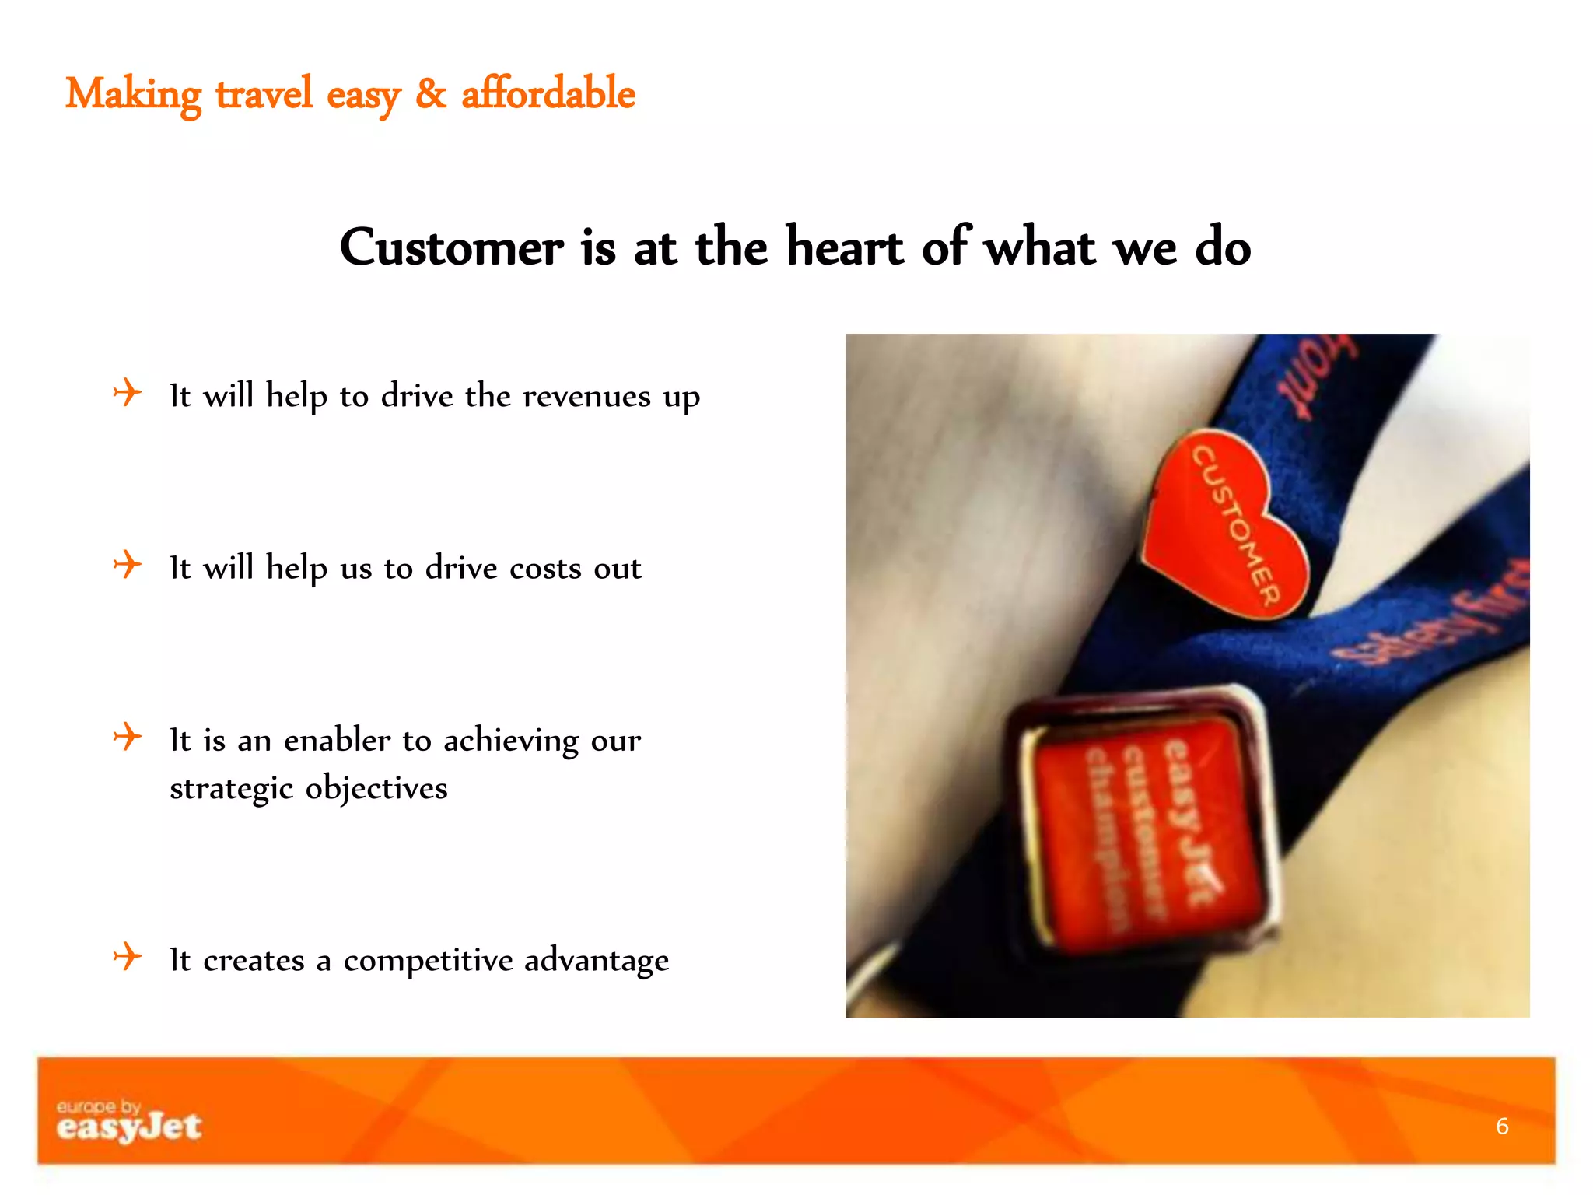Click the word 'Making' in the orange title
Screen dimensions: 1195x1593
pos(133,95)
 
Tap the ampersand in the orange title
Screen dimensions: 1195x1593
pos(431,94)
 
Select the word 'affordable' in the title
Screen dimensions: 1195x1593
pos(548,94)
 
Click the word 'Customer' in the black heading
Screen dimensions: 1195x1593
pos(451,247)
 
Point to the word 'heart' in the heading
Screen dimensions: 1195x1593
pos(845,247)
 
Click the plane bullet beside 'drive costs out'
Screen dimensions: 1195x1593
pos(128,564)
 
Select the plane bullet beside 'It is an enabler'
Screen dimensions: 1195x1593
pos(128,736)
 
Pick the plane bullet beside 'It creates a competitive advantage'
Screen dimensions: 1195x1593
pos(128,956)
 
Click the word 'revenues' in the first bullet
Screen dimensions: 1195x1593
pos(586,397)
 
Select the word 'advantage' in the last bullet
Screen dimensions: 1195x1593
pos(597,961)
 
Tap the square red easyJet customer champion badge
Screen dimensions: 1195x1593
pos(1143,825)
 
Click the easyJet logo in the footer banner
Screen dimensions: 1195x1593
pos(128,1121)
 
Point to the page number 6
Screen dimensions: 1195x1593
pos(1502,1126)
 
